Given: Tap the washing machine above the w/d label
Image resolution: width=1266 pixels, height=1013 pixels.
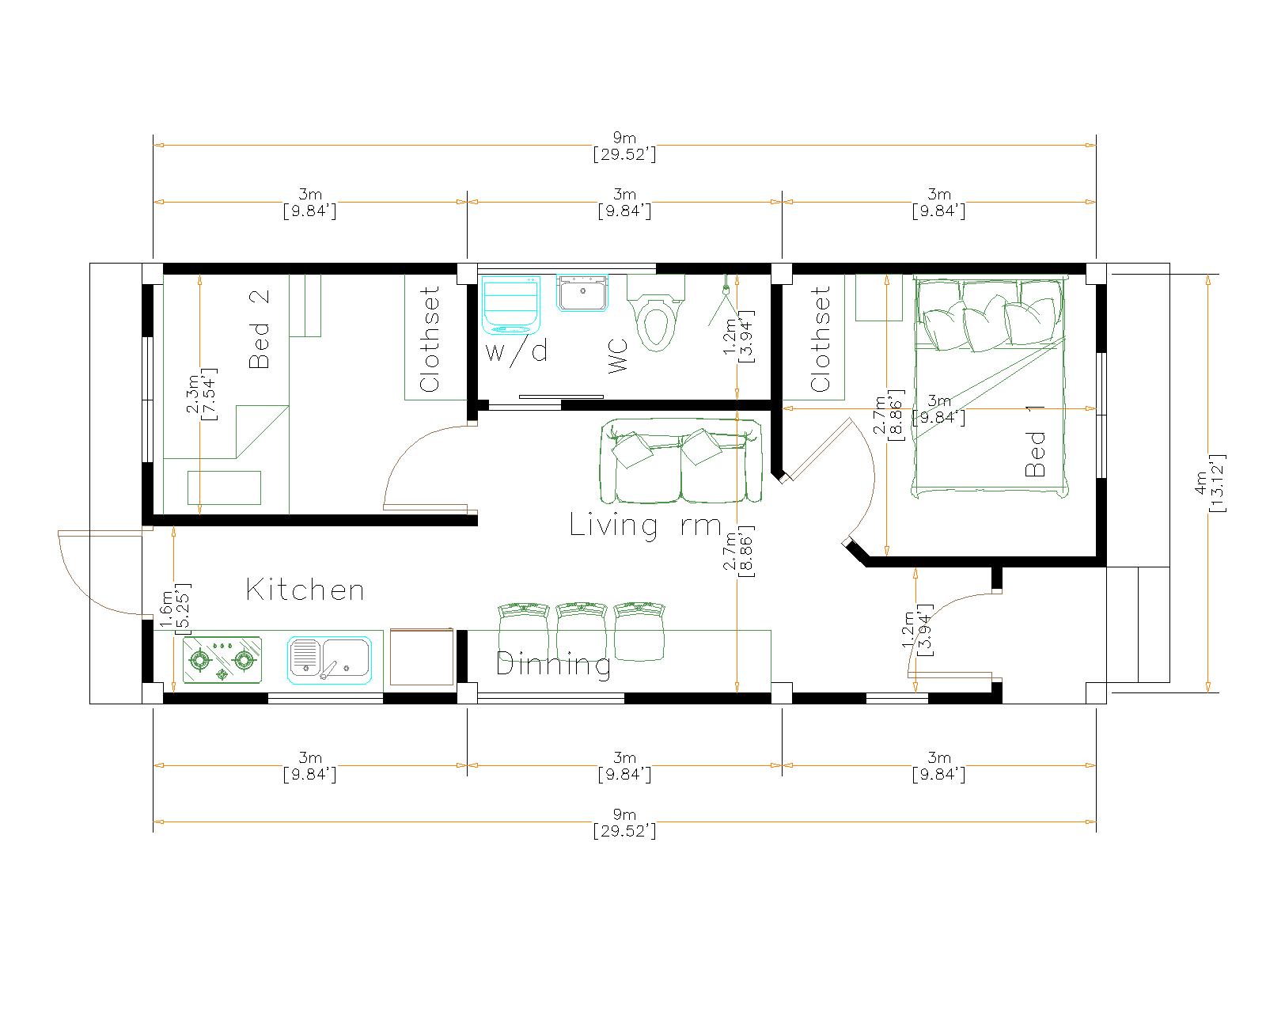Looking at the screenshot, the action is (x=511, y=305).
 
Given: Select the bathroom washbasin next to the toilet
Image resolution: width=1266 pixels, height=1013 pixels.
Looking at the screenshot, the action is (x=582, y=293).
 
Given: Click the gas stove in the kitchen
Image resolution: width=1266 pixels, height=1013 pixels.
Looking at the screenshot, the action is (x=222, y=660).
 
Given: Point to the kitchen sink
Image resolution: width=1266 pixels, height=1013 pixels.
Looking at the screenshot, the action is (x=329, y=660).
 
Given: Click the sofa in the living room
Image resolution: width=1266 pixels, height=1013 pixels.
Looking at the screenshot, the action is (x=680, y=461).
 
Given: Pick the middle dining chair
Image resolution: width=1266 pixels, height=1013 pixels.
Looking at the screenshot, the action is (x=582, y=630).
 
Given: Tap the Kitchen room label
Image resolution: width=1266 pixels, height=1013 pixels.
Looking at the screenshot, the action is (x=305, y=590).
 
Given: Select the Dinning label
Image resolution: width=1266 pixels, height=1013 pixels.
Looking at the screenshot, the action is (x=553, y=665).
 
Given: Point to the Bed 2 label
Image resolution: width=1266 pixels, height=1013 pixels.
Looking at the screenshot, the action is (x=259, y=329).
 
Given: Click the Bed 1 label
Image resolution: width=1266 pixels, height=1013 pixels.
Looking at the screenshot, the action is (x=1035, y=441).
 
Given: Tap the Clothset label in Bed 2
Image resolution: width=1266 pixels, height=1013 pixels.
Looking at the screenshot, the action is (x=430, y=340).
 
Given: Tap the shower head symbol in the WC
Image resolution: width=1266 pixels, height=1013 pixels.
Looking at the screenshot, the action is (x=726, y=304).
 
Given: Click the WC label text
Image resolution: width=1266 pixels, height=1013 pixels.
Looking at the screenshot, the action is (x=617, y=356).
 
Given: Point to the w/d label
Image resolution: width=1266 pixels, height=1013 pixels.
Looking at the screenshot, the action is (x=517, y=351).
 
